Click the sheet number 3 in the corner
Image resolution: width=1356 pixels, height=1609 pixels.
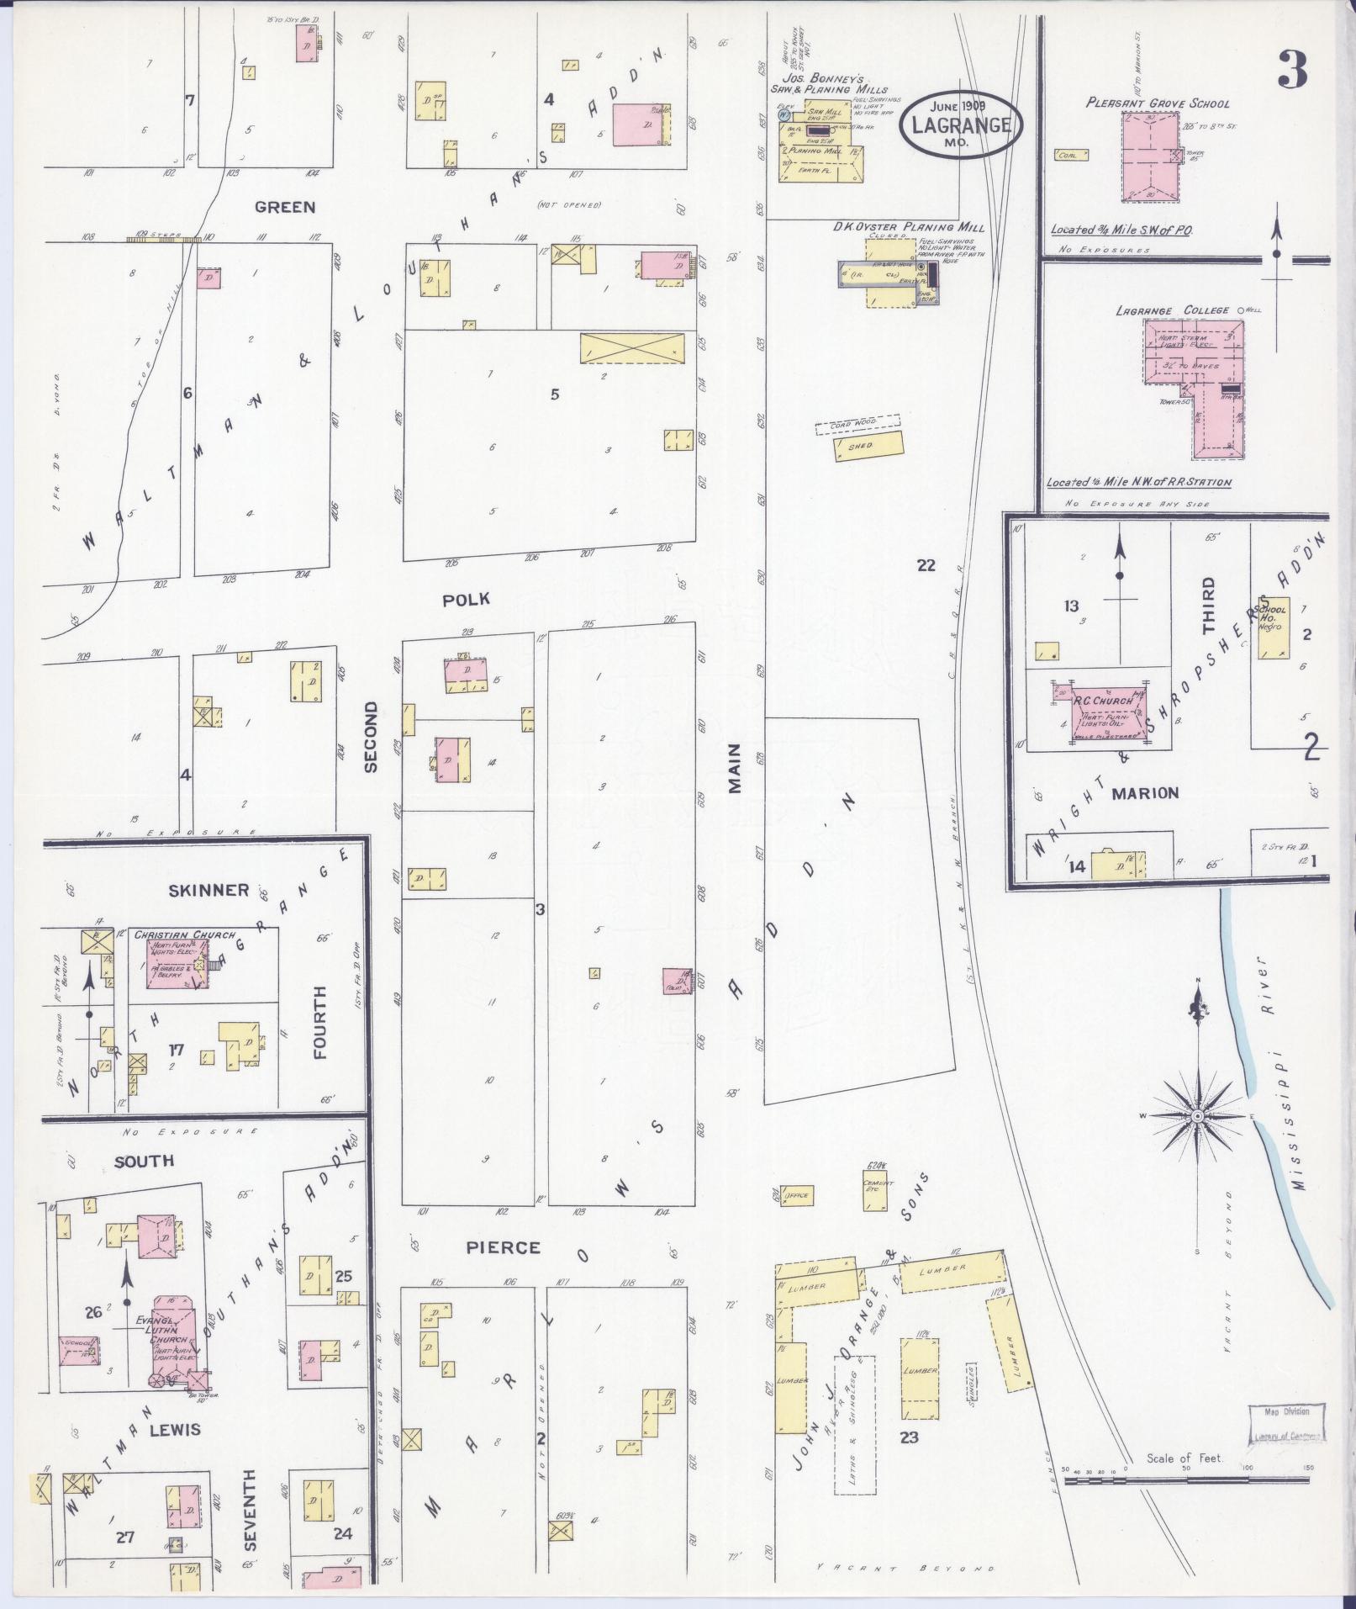[1292, 69]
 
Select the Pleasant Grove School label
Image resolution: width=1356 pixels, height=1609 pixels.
[1158, 103]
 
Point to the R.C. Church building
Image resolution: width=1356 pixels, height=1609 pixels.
[1101, 712]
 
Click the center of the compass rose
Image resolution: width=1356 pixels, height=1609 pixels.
[1196, 1116]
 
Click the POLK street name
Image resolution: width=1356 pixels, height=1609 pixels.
[466, 600]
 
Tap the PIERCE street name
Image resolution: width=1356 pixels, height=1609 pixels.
[504, 1247]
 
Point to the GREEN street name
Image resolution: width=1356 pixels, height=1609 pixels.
[285, 207]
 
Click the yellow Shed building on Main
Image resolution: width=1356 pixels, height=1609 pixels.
[868, 445]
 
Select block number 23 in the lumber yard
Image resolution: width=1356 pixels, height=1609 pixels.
[909, 1437]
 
